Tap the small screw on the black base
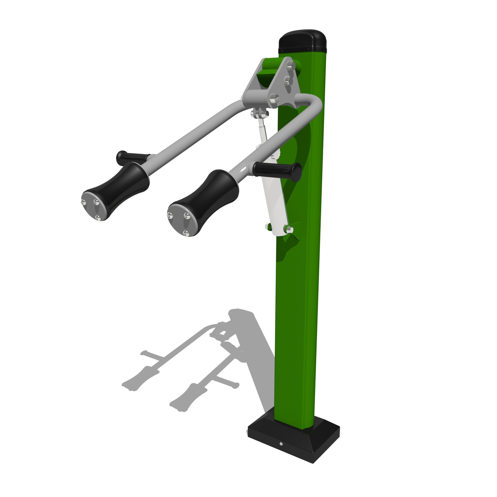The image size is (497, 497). pos(281,444)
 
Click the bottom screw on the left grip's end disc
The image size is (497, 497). pos(98,218)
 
